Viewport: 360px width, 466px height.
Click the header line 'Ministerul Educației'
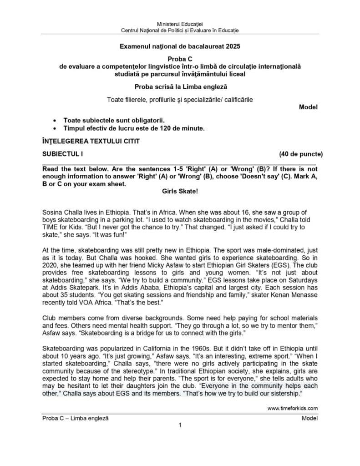[x=180, y=23]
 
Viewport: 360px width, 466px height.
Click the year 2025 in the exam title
[x=233, y=46]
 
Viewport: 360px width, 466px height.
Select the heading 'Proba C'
[x=180, y=59]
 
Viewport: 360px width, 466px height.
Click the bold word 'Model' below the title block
[x=308, y=107]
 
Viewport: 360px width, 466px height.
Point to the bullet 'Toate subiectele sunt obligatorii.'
[x=113, y=121]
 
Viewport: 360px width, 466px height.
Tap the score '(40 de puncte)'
[x=301, y=154]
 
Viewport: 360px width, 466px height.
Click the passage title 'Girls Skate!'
[x=180, y=192]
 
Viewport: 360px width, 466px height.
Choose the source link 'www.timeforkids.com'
[x=293, y=408]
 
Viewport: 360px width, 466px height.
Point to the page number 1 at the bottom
[x=180, y=425]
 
